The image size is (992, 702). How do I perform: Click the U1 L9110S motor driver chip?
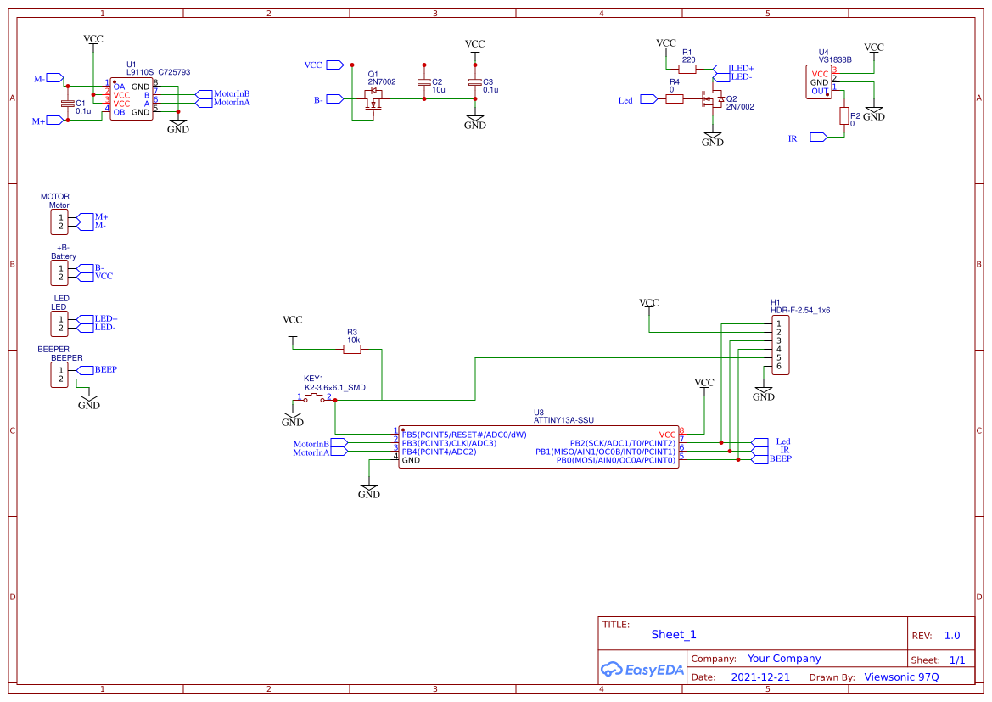pos(132,99)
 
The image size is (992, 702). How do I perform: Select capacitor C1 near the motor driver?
pos(68,104)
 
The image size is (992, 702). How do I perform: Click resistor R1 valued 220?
pos(687,70)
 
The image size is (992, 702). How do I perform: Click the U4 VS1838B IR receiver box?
pos(819,82)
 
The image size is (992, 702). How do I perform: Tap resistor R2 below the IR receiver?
pos(844,116)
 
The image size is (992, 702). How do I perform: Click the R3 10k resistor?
pos(352,349)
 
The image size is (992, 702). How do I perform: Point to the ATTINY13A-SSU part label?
pos(563,420)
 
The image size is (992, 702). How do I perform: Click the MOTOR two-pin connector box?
pos(59,222)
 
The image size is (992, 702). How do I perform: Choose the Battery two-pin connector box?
pos(59,273)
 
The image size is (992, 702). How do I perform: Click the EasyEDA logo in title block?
pos(642,669)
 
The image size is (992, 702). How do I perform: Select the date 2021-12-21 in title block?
pos(760,677)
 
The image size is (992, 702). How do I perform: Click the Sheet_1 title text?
pos(674,635)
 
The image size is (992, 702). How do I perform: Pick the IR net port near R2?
pos(818,138)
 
